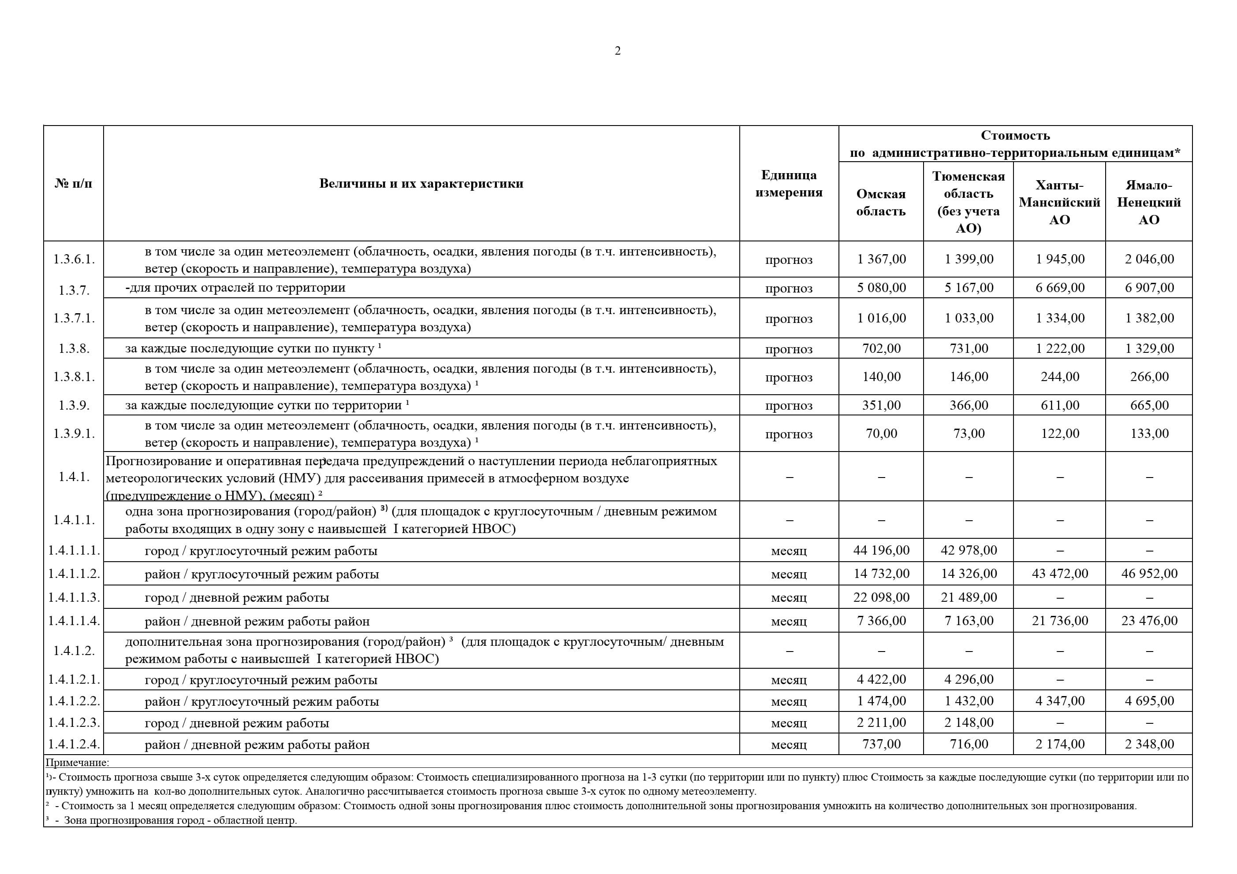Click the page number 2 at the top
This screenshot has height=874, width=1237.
pos(618,51)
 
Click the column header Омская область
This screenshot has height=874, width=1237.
pos(880,203)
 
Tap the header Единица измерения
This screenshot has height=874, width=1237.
pos(788,184)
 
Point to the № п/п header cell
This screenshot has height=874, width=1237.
pos(73,184)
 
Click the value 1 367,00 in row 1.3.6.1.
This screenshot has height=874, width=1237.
pos(881,259)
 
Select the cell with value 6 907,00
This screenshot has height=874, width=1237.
pos(1149,288)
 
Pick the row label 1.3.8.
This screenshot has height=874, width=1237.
pos(74,348)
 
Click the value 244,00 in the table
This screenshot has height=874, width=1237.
pos(1059,376)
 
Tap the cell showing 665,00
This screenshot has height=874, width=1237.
pos(1149,405)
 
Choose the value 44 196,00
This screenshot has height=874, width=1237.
pos(881,550)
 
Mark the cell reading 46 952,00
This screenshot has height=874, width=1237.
pos(1149,574)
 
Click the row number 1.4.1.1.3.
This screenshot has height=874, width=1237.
pos(74,597)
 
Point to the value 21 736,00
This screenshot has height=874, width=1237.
pos(1059,620)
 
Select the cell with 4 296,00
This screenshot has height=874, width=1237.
pos(968,679)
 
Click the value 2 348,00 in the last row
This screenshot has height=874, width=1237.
pos(1149,744)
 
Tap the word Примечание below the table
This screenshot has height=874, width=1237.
pos(77,762)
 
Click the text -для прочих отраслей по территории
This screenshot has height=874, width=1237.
pos(235,288)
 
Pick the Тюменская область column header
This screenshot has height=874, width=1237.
pos(968,203)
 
